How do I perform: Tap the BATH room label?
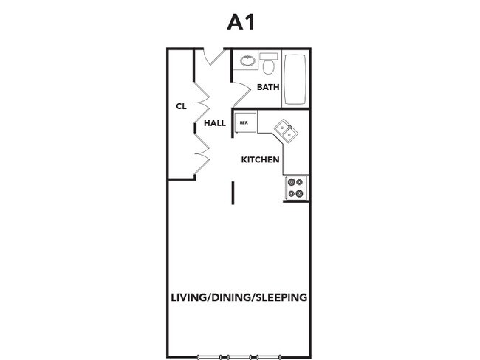(268, 88)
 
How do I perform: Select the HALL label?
(214, 123)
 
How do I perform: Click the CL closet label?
(181, 106)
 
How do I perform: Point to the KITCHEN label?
(260, 159)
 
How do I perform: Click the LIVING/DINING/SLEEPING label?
(239, 298)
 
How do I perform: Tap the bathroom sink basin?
(247, 60)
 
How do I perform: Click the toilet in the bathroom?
(269, 67)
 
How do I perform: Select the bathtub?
(295, 79)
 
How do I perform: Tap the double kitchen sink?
(285, 131)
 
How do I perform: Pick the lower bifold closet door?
(202, 155)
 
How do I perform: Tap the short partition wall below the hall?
(233, 193)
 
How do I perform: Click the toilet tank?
(269, 56)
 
